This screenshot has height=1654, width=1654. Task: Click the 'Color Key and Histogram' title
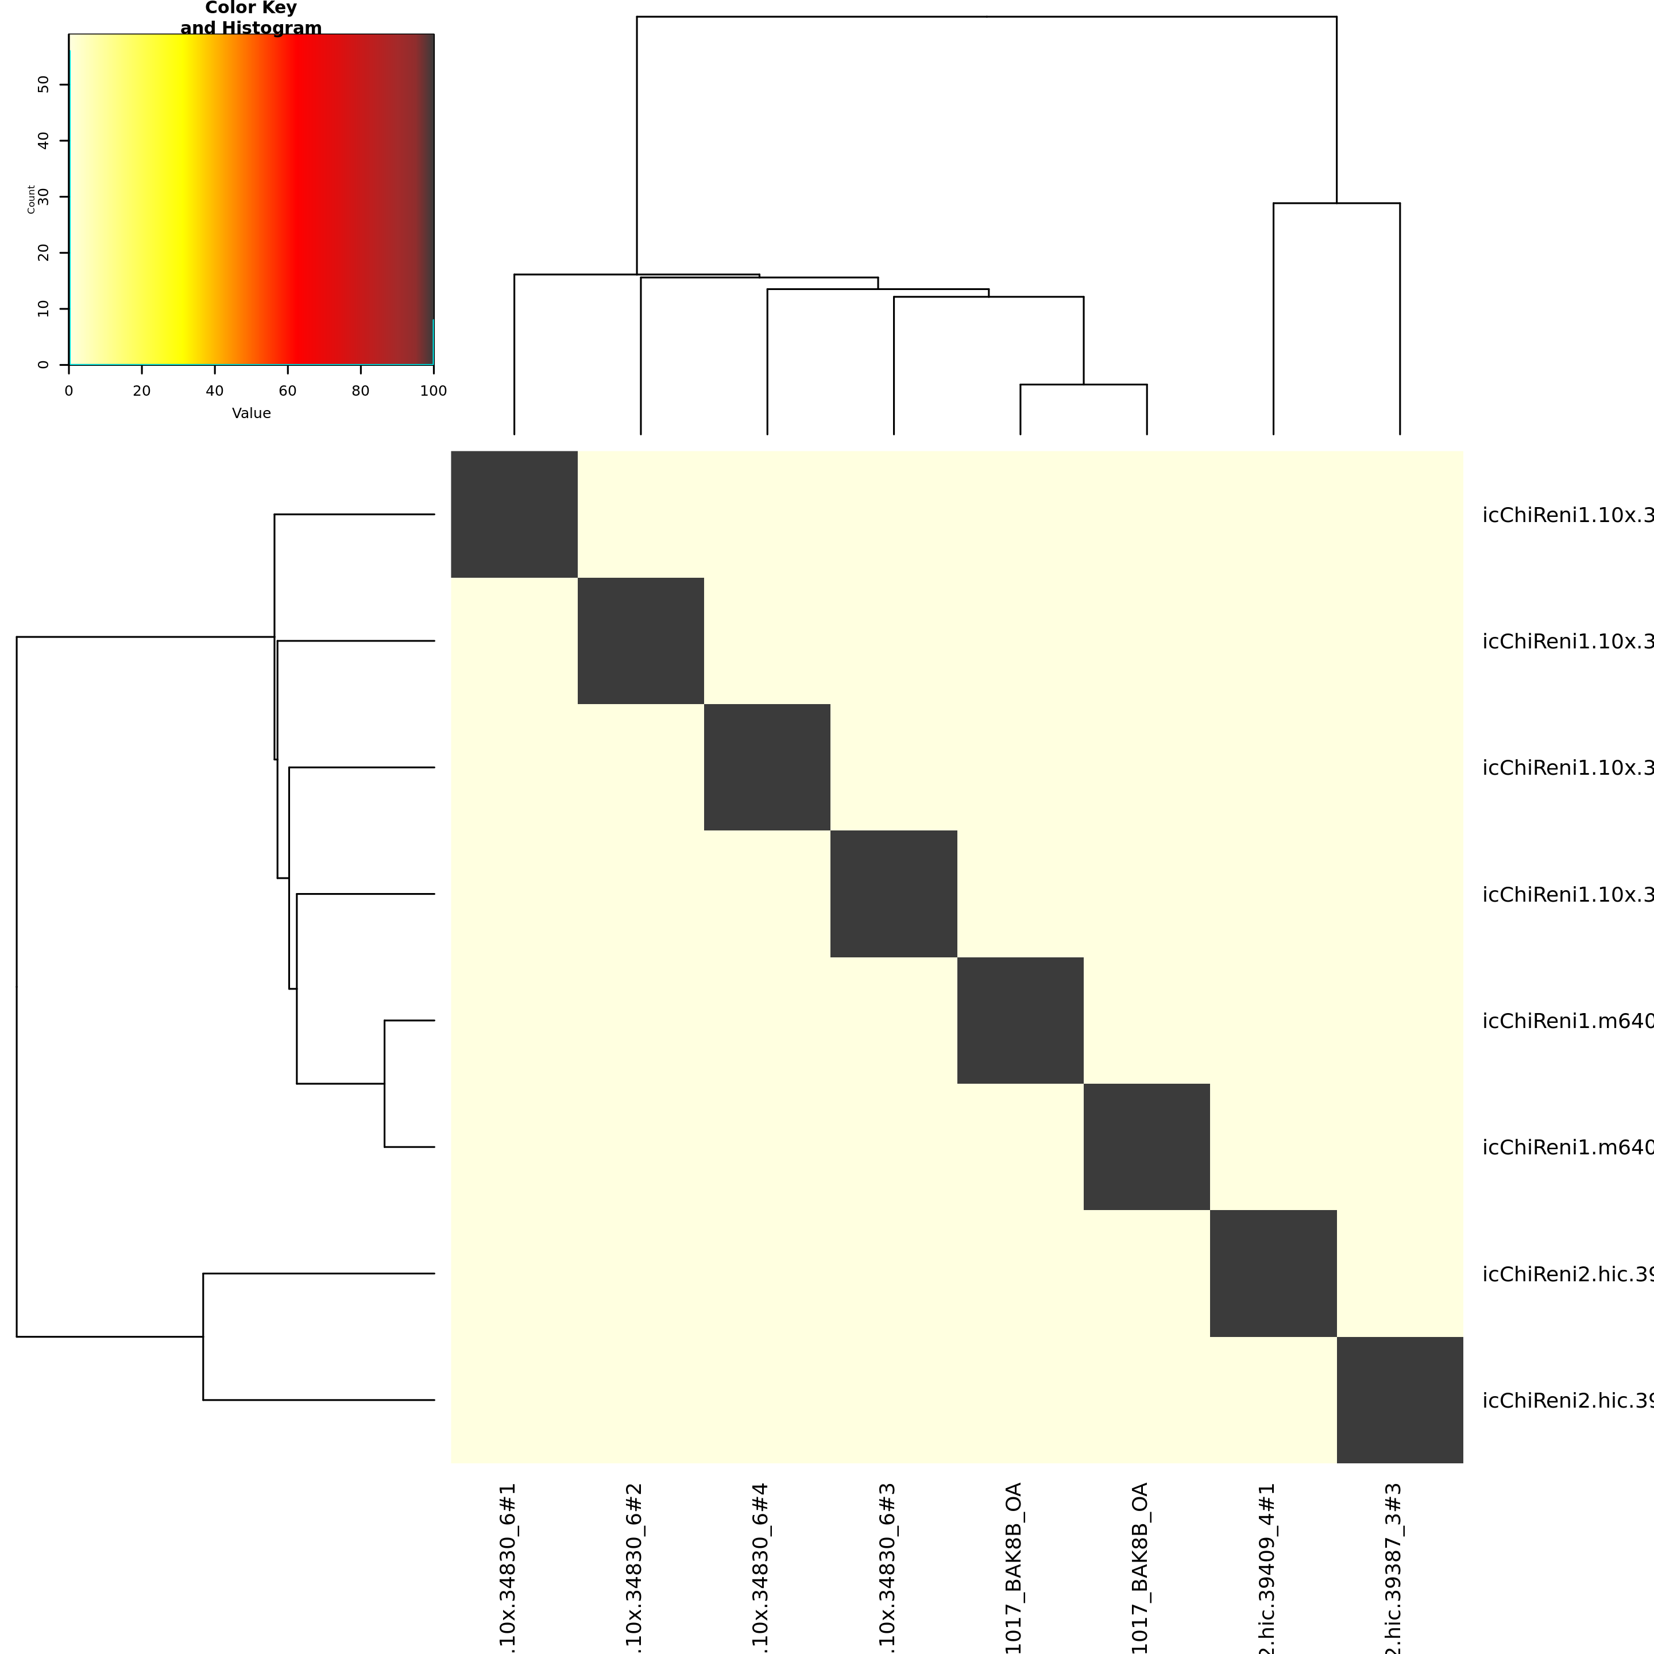251,18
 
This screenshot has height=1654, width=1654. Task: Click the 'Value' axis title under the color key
251,413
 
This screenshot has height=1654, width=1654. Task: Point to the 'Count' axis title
32,199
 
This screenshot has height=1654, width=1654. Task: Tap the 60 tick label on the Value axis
288,391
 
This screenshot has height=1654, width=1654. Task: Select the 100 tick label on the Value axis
433,391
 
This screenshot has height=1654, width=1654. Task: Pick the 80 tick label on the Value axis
361,391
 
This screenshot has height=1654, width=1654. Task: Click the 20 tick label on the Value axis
142,391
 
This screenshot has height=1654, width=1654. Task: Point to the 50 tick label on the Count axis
44,84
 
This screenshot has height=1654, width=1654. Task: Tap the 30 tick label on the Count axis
44,197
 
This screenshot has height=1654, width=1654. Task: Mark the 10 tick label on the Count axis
44,309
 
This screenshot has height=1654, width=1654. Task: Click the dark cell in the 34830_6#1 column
515,515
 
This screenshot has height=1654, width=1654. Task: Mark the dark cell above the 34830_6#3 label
894,894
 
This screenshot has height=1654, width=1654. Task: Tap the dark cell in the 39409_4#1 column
1273,1273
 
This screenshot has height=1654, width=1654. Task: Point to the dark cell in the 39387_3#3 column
1400,1400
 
